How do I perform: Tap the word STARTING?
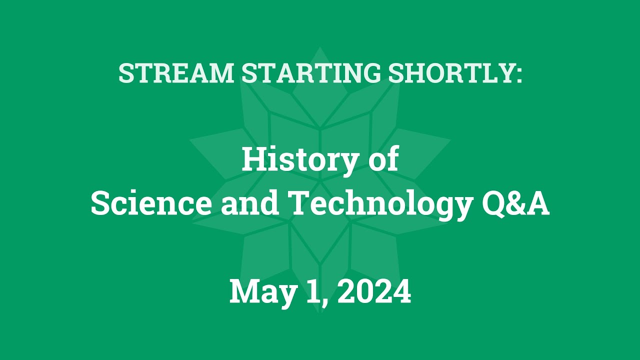[310, 73]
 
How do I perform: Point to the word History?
[300, 160]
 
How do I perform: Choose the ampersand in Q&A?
[516, 204]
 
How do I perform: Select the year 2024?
[374, 291]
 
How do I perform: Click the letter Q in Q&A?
[494, 204]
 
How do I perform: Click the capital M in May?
[244, 291]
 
